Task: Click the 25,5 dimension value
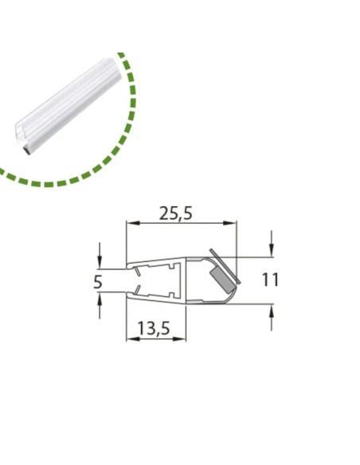[176, 213]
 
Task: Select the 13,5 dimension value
[154, 328]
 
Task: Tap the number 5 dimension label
[97, 282]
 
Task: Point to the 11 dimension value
[271, 279]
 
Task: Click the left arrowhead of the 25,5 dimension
[133, 223]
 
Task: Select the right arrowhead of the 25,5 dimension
[231, 223]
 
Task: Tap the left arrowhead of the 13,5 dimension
[133, 338]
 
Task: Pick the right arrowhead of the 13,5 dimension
[179, 338]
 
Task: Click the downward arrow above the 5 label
[100, 256]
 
